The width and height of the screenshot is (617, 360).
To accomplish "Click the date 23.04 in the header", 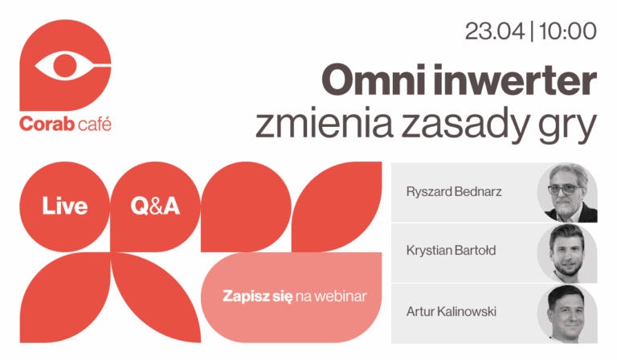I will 493,33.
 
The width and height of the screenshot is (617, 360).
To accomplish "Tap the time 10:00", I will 568,33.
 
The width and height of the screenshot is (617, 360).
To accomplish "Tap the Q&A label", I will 155,207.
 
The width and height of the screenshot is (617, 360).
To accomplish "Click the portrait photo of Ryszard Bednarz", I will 567,194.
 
